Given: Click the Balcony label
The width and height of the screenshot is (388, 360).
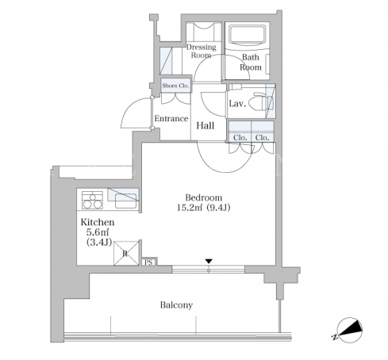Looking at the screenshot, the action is [176, 305].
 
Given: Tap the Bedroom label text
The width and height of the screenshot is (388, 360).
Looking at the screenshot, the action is [204, 197].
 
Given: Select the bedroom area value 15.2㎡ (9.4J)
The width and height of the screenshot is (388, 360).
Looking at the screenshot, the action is [203, 208].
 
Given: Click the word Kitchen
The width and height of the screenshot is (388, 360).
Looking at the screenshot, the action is [98, 222].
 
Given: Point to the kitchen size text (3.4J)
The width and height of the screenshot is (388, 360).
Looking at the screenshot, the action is [99, 243].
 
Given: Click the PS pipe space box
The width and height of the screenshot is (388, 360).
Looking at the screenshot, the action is [148, 262].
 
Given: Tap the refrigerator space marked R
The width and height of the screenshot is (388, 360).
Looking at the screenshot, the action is [126, 253].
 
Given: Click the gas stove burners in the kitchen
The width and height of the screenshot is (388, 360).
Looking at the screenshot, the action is [92, 200].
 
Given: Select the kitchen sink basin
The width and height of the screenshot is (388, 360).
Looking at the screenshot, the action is [125, 201].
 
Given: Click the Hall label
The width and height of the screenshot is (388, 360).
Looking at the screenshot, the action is [206, 125].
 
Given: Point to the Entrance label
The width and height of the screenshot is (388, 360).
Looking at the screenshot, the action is [171, 118].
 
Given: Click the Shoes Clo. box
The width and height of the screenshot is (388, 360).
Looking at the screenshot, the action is [175, 86].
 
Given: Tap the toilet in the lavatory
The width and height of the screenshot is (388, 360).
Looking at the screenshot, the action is [262, 102].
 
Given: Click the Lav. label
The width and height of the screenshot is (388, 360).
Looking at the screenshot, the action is [237, 104].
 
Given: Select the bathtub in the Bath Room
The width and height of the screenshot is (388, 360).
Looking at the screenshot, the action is [248, 35].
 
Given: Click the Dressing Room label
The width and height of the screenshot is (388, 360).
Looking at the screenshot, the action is [202, 52].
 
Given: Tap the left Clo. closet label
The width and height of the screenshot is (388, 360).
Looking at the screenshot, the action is [240, 138].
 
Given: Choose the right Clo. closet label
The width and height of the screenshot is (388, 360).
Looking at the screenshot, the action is [262, 138].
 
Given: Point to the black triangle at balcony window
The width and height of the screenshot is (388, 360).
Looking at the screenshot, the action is [209, 262].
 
